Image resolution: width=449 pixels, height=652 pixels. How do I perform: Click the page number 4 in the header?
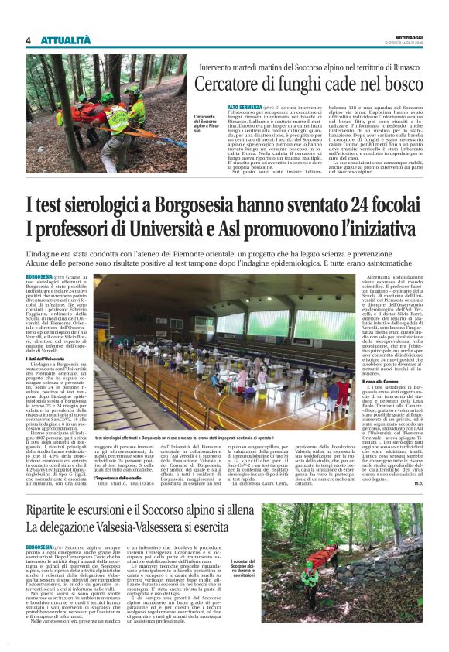tap(28, 40)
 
